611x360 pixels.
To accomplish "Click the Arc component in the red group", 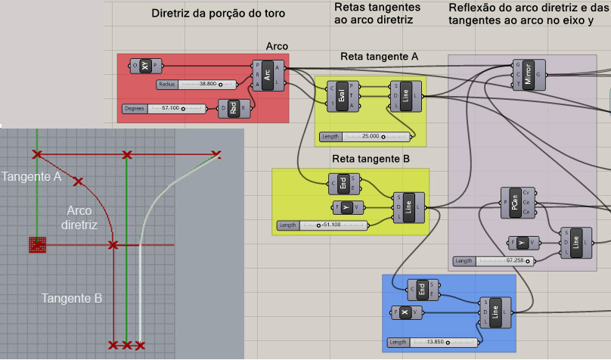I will click(x=267, y=75).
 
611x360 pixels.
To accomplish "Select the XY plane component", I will click(x=144, y=67).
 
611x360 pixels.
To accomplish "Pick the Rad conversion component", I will click(x=234, y=109).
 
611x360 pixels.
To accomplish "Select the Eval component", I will click(x=343, y=96).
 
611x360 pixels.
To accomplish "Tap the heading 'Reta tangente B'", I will click(x=371, y=159).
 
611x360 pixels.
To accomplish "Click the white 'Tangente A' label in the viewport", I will click(x=32, y=176).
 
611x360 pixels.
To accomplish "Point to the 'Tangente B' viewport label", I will click(x=72, y=298).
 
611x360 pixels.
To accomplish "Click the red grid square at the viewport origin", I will click(x=37, y=244).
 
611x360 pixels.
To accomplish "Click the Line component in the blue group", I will click(x=495, y=312).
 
